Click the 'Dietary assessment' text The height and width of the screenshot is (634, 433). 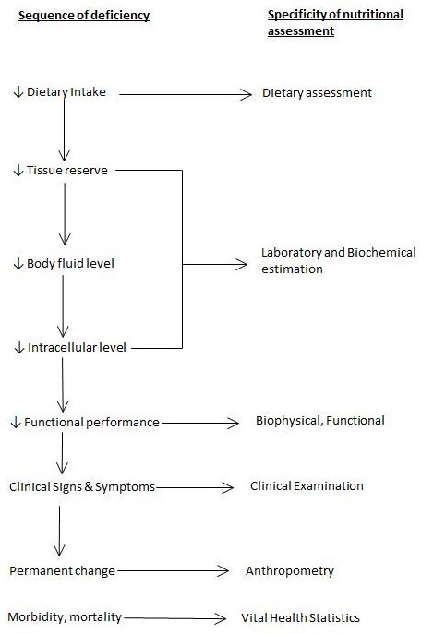tap(316, 93)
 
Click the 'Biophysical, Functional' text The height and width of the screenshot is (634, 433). tap(319, 421)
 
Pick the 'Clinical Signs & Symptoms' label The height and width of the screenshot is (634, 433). tap(81, 486)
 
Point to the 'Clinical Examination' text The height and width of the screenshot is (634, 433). tap(307, 485)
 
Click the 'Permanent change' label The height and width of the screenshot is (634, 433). tap(63, 571)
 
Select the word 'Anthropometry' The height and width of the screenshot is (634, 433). tap(289, 571)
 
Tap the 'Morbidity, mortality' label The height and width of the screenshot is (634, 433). tap(65, 616)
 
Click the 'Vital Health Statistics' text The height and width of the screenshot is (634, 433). tap(300, 617)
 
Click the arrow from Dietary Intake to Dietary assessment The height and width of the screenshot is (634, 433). tap(185, 93)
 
